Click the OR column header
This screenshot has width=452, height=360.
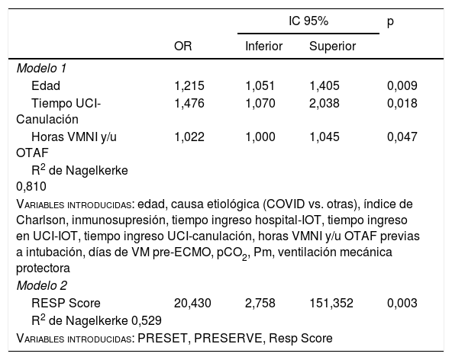click(x=182, y=46)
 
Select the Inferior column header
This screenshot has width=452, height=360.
click(x=263, y=46)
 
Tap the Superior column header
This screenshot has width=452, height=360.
click(x=332, y=46)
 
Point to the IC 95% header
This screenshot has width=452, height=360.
click(x=308, y=21)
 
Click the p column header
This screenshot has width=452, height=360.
click(x=390, y=22)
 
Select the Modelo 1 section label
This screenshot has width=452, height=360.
click(x=41, y=69)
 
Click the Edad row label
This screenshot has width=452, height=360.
click(x=46, y=86)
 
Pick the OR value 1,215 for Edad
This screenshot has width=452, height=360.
click(x=189, y=86)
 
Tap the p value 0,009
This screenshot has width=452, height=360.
click(x=402, y=86)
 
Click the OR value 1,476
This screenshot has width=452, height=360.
click(x=189, y=103)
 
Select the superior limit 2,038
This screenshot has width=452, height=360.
click(x=324, y=103)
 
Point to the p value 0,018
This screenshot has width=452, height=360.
click(x=402, y=103)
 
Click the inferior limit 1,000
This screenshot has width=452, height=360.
click(x=260, y=137)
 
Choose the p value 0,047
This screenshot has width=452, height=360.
click(x=402, y=137)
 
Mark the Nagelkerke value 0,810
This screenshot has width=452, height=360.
click(x=31, y=187)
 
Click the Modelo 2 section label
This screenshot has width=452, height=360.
click(x=42, y=286)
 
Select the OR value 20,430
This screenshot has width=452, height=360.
click(x=192, y=304)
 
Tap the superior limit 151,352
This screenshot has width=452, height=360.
click(x=331, y=304)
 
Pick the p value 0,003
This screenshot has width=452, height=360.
click(x=402, y=304)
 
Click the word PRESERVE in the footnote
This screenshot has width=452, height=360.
click(x=228, y=338)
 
